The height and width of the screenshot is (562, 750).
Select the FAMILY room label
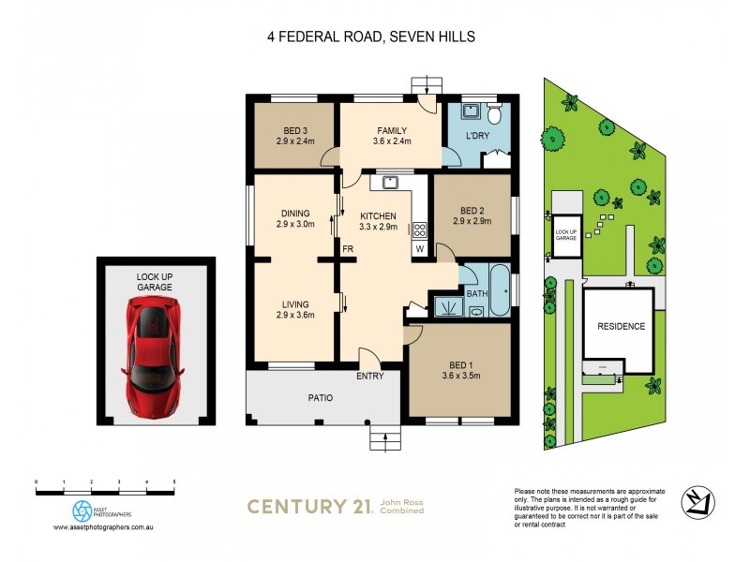[393, 130]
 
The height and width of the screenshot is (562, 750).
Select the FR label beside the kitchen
[347, 249]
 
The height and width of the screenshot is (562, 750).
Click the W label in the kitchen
[419, 249]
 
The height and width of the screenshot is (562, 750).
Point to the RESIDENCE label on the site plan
[620, 326]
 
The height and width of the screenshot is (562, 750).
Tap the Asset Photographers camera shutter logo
[82, 510]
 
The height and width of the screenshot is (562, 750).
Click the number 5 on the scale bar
[174, 481]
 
